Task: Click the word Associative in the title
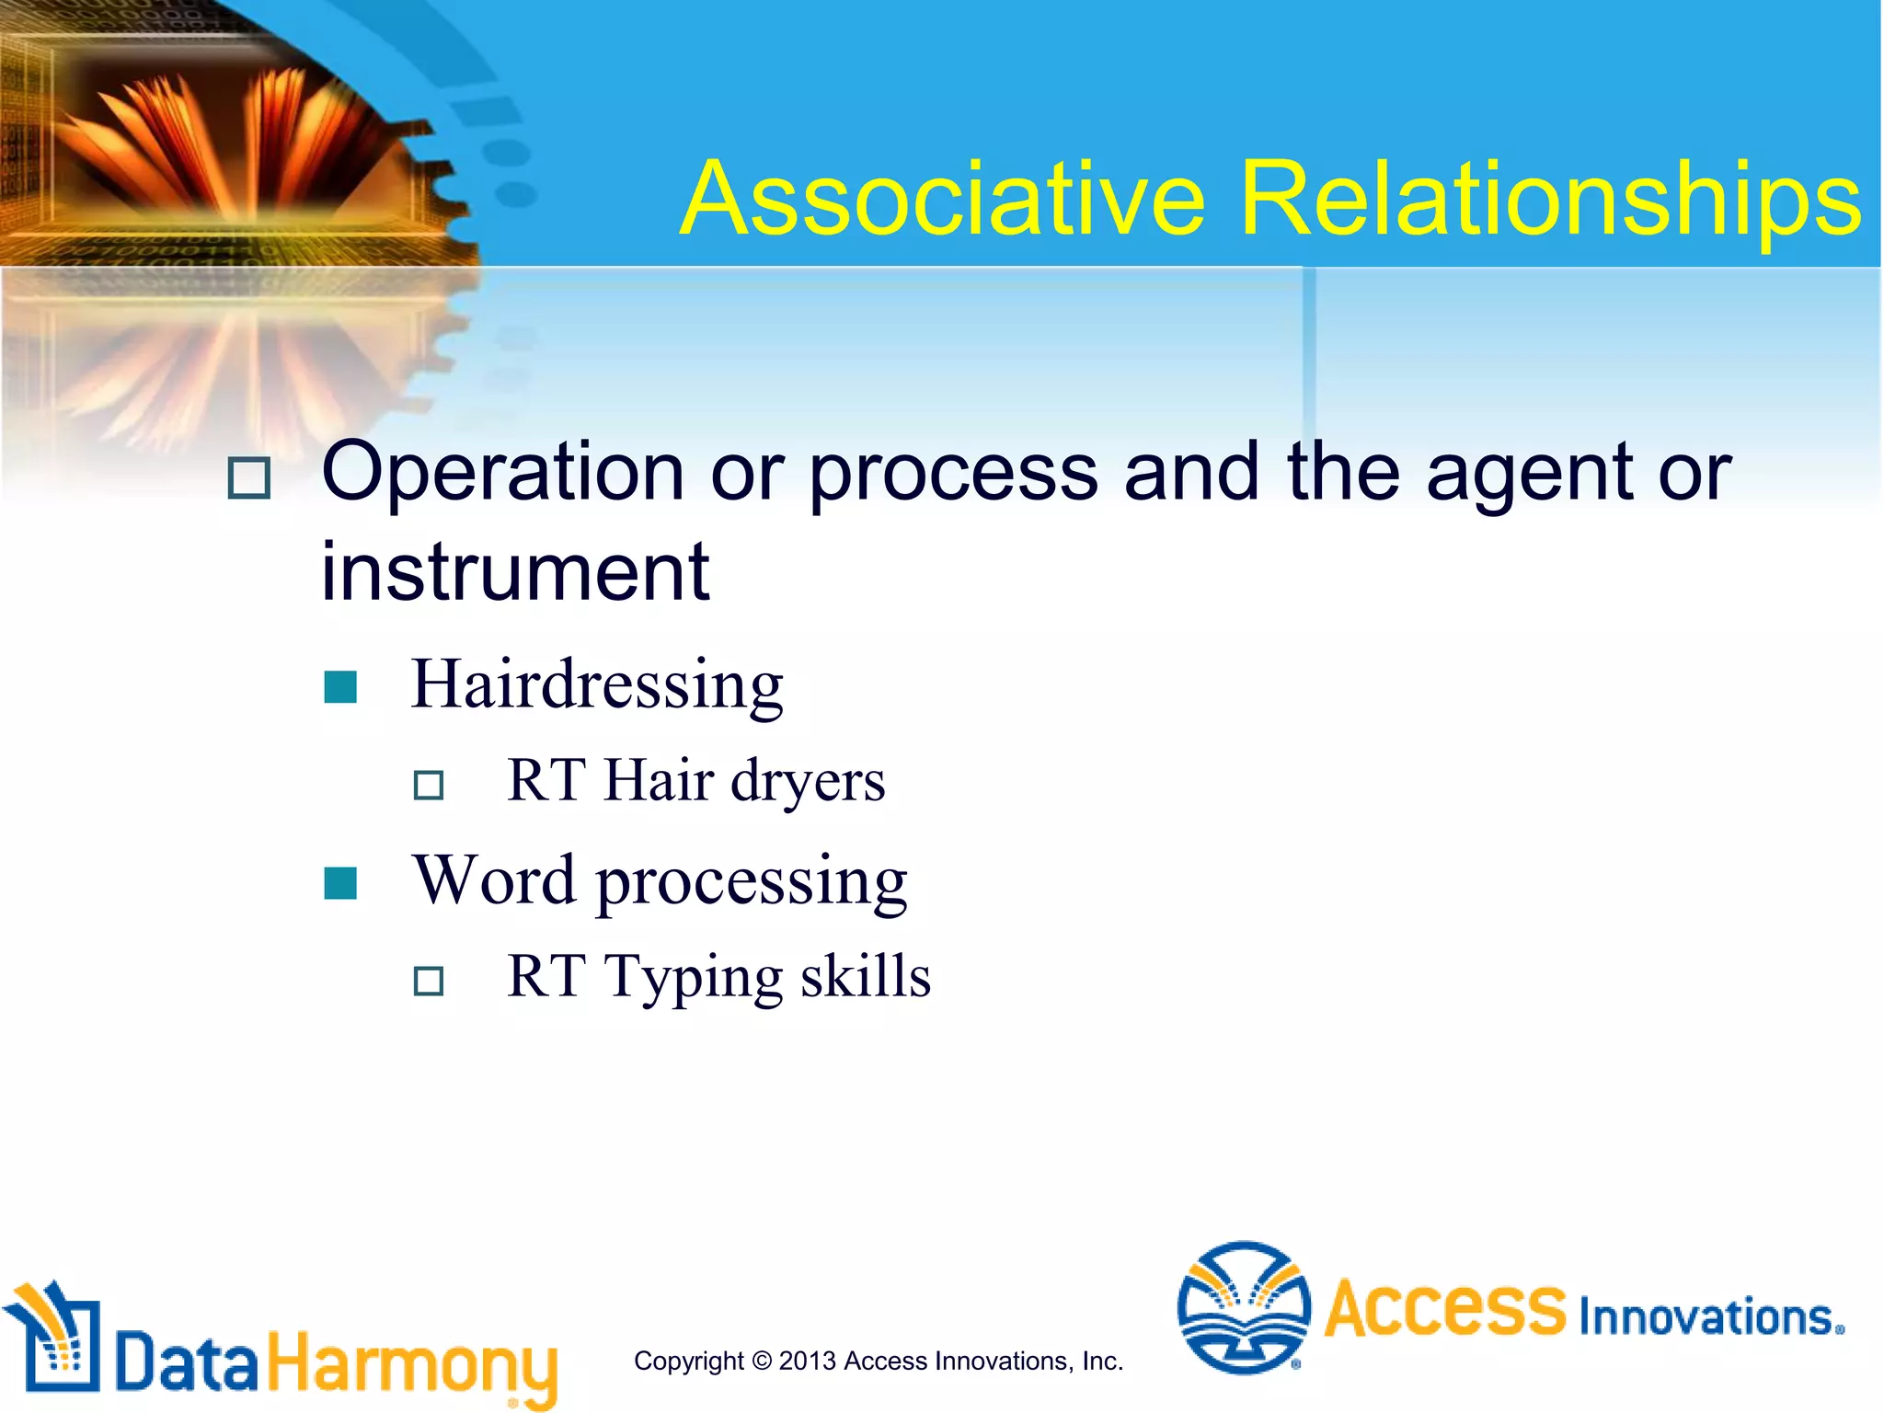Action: tap(943, 200)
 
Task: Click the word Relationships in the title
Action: tap(1549, 200)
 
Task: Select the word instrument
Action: tap(515, 572)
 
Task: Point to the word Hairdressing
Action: tap(596, 685)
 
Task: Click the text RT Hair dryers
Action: tap(695, 781)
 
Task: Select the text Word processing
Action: tap(660, 881)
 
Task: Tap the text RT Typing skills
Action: tap(718, 977)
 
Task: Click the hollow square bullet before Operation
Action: tap(248, 478)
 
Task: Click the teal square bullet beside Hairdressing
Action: tap(340, 686)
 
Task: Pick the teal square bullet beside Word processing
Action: tap(340, 883)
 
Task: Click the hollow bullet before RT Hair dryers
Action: tap(429, 786)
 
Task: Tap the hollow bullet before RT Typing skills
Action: tap(429, 982)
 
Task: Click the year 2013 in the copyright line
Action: tap(807, 1361)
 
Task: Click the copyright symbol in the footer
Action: tap(761, 1361)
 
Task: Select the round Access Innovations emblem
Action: tap(1244, 1307)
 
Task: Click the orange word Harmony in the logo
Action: tap(412, 1365)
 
